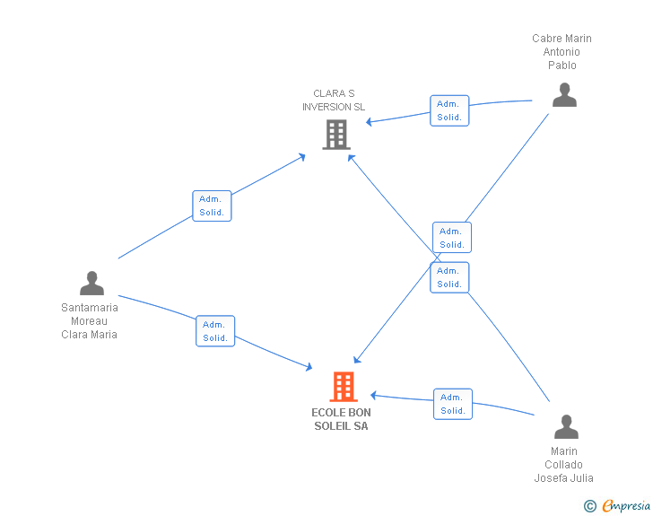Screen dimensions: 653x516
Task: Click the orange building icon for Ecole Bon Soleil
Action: point(344,387)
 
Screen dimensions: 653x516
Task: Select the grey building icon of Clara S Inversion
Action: point(336,135)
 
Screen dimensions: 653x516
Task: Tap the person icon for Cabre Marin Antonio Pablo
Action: point(564,95)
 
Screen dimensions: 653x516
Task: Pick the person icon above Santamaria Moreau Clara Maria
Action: point(91,284)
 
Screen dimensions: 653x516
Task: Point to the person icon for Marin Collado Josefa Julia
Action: point(566,427)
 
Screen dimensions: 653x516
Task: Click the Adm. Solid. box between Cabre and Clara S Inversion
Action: point(449,110)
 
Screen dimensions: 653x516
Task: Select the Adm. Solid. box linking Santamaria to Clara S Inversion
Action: point(212,206)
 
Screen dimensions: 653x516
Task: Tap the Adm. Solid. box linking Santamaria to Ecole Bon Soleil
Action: point(215,331)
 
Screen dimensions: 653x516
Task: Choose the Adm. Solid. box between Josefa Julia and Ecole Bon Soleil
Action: point(453,404)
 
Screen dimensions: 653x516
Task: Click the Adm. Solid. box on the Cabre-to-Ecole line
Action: point(452,238)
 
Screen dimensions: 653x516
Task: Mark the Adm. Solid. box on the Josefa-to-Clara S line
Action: point(449,277)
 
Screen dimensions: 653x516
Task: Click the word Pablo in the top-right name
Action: point(562,66)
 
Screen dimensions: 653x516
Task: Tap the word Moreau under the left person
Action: point(89,321)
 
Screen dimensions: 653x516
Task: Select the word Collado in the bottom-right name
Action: point(563,465)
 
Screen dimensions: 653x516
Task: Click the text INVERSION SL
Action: point(334,107)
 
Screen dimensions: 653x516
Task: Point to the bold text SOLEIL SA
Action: point(341,426)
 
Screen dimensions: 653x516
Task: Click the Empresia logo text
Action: point(626,506)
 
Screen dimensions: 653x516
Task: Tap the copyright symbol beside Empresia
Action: point(589,506)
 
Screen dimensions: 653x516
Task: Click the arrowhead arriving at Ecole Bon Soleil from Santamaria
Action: point(309,367)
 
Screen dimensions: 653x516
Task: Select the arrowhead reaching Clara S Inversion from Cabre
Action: point(369,122)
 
